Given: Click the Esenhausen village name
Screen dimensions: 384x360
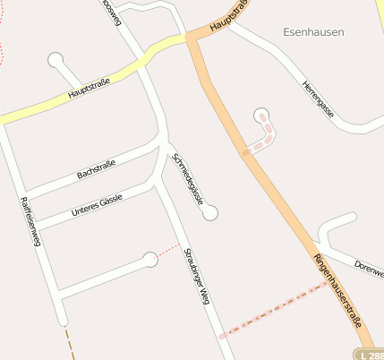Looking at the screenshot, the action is pos(312,32).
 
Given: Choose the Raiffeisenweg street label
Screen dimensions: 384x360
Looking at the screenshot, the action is pos(30,220).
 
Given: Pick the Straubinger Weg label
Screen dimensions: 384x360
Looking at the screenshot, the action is pos(197,276).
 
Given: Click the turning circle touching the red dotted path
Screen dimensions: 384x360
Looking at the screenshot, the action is pos(150,260).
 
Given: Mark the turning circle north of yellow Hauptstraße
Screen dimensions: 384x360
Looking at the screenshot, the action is pos(56,61).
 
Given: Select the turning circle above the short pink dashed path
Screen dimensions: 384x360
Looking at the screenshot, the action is pos(261,115).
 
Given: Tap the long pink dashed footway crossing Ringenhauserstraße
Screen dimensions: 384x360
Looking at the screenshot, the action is pos(273,310).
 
